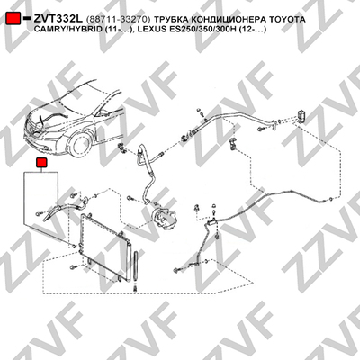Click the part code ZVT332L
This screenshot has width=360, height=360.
(x=58, y=19)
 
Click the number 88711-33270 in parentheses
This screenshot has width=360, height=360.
(x=118, y=20)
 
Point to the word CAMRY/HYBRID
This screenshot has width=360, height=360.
(x=66, y=30)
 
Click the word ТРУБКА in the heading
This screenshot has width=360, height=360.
(x=171, y=20)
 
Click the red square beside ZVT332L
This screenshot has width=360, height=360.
(x=13, y=19)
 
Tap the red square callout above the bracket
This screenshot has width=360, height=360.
(x=40, y=163)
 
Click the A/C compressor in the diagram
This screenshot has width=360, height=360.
(x=165, y=217)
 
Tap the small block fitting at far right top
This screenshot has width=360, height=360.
(x=301, y=115)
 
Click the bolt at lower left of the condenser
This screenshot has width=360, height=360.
(x=73, y=266)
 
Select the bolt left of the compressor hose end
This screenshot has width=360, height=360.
(x=130, y=198)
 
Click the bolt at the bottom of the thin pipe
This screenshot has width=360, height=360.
(x=176, y=271)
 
